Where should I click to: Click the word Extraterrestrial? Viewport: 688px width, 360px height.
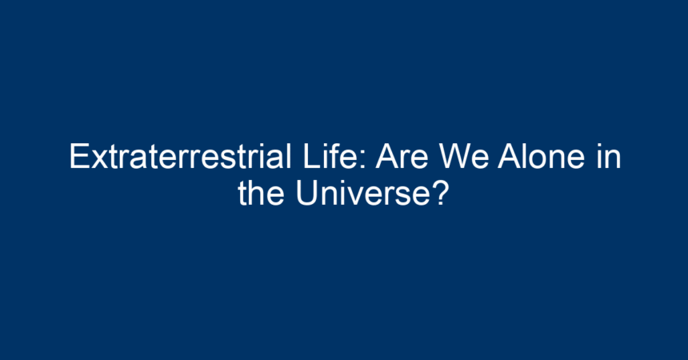(x=180, y=156)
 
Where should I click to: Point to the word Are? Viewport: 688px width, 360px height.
(x=401, y=156)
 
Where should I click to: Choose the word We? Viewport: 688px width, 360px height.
(x=464, y=156)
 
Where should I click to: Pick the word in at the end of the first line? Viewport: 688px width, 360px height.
(x=609, y=156)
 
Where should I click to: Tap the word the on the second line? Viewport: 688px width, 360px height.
(x=261, y=193)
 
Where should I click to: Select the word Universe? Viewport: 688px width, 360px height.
(x=362, y=193)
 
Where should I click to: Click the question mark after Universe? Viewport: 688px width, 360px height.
(x=439, y=193)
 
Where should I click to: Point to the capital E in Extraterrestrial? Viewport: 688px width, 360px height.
(x=79, y=156)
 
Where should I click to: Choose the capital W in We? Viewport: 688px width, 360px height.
(x=455, y=156)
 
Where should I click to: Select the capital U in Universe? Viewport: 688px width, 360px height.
(x=306, y=193)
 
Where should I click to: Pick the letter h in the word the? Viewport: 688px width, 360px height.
(x=255, y=193)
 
